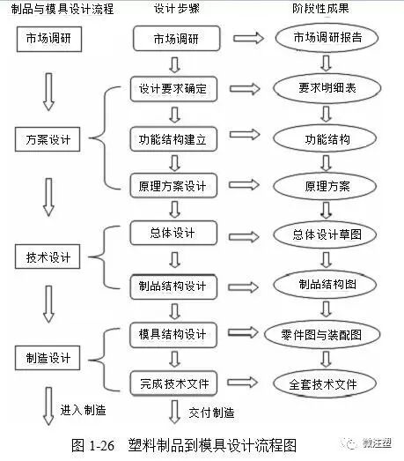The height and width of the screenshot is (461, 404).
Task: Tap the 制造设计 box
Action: coord(48,359)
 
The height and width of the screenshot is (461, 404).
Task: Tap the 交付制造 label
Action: coord(212,412)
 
